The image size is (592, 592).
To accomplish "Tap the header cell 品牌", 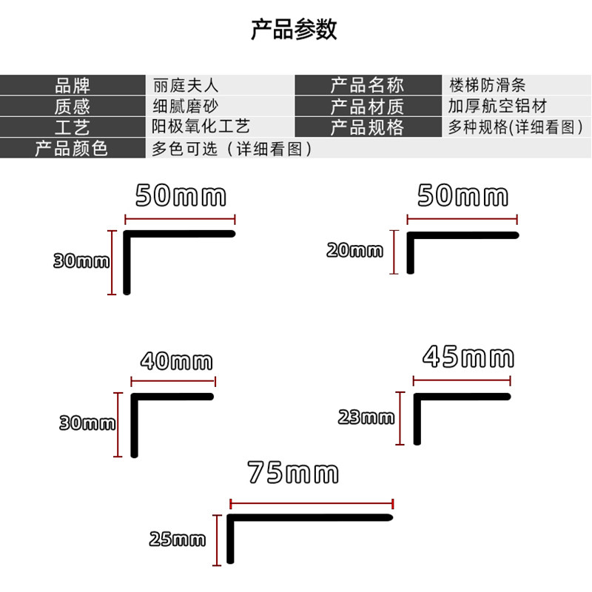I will tap(72, 85).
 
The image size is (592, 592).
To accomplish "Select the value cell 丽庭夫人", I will tap(185, 85).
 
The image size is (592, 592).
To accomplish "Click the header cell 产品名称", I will tap(367, 85).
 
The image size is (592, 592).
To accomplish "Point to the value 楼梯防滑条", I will tap(488, 85).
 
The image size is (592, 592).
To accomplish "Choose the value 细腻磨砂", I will tap(185, 106).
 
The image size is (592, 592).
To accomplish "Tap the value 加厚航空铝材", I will tap(497, 106).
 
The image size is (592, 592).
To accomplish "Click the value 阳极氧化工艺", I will tap(201, 127).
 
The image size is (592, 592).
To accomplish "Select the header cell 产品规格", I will tap(367, 127).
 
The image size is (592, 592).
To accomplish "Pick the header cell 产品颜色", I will tap(72, 148).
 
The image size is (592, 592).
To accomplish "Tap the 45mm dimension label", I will tap(468, 357).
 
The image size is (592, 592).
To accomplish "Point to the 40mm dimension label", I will tap(176, 362).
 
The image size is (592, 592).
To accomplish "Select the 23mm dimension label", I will tap(366, 417).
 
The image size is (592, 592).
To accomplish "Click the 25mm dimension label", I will tap(177, 539).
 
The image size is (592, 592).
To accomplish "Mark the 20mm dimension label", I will tap(355, 250).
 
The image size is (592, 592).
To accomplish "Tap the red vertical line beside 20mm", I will tap(395, 252).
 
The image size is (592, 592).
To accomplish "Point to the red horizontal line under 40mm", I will tap(173, 382).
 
